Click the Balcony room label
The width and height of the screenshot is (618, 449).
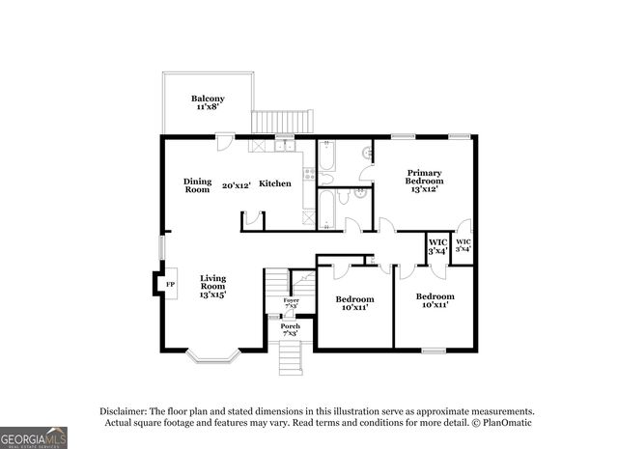pyautogui.click(x=208, y=103)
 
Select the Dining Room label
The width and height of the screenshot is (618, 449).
pyautogui.click(x=198, y=185)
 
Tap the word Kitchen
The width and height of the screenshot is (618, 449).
pyautogui.click(x=274, y=183)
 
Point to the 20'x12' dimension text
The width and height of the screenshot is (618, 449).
pyautogui.click(x=237, y=185)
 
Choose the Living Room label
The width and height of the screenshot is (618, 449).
pyautogui.click(x=212, y=287)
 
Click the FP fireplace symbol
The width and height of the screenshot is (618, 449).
pyautogui.click(x=170, y=285)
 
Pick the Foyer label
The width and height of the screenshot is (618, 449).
pyautogui.click(x=291, y=303)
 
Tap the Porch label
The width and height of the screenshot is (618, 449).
pyautogui.click(x=291, y=329)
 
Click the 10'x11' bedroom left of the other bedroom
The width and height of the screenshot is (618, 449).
pyautogui.click(x=354, y=304)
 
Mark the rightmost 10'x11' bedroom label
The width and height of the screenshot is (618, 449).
pyautogui.click(x=435, y=301)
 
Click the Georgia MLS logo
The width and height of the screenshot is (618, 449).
pyautogui.click(x=34, y=437)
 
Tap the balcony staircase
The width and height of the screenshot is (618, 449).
pyautogui.click(x=284, y=123)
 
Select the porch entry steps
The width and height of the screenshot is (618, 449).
pyautogui.click(x=291, y=359)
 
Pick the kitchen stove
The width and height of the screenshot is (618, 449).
pyautogui.click(x=309, y=174)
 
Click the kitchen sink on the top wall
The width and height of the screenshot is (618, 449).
pyautogui.click(x=285, y=146)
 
